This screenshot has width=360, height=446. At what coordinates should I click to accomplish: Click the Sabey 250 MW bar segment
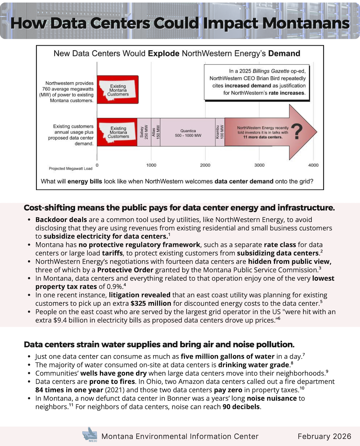tap(144, 132)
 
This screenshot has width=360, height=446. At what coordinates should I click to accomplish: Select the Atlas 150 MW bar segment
tap(156, 132)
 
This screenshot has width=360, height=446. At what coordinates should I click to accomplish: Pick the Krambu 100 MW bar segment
tap(220, 132)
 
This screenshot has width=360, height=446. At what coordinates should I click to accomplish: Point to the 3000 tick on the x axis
tap(259, 165)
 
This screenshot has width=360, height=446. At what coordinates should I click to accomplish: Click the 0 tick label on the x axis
tap(97, 165)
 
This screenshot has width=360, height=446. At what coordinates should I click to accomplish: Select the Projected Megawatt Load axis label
tap(70, 169)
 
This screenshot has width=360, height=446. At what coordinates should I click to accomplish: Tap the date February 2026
tap(324, 436)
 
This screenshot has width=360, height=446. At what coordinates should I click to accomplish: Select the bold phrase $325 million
tap(151, 303)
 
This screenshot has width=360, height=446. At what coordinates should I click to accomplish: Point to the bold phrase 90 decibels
tap(241, 407)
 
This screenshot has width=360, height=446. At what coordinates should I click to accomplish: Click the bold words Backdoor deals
tap(61, 220)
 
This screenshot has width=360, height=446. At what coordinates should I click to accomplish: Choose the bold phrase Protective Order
tap(125, 270)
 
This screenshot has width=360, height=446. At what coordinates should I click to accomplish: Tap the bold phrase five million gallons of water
tap(228, 356)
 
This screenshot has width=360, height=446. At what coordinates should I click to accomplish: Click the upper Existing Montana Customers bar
tap(118, 90)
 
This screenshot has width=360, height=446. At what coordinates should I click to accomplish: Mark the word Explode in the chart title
tap(163, 54)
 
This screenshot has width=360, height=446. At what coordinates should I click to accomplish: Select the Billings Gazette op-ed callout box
tap(257, 82)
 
